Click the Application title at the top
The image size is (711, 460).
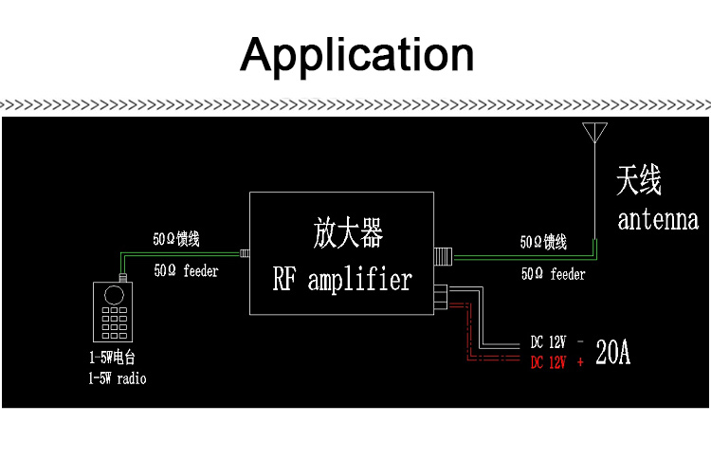coord(356,54)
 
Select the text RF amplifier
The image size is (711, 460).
coord(342,279)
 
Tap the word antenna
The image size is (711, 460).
coord(658,220)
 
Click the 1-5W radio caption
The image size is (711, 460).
coord(118,377)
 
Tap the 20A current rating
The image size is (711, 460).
coord(612,353)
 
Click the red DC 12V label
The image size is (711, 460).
coord(548,361)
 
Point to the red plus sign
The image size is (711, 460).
coord(579,361)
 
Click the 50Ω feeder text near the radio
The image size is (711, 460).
coord(186,271)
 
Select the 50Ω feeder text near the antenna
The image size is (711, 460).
coord(553,274)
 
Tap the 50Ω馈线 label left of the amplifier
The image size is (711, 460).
coord(183,239)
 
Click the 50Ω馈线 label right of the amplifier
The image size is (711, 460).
coord(543,243)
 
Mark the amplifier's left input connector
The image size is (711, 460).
coord(244,253)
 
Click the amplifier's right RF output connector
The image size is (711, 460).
coord(443,254)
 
